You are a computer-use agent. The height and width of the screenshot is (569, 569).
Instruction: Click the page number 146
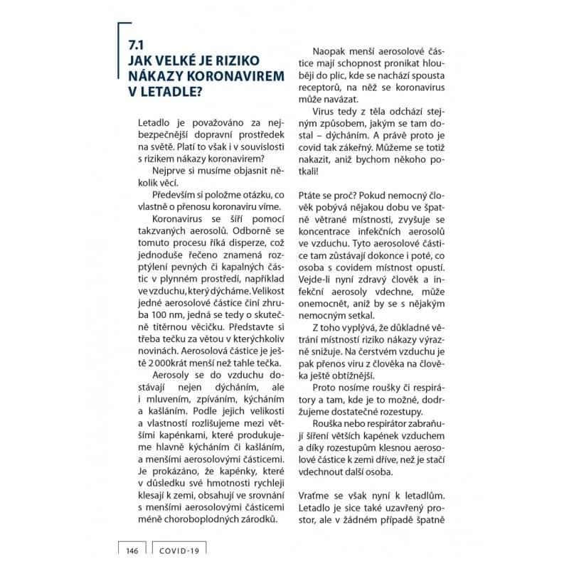pyautogui.click(x=131, y=550)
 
